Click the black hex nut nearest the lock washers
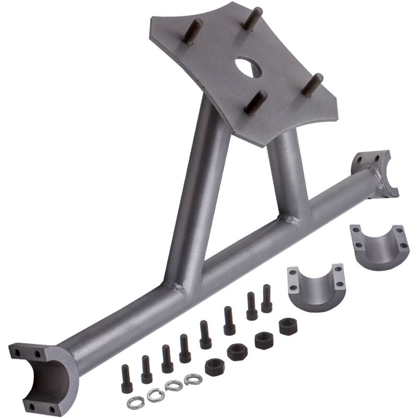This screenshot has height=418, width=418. [x=214, y=366]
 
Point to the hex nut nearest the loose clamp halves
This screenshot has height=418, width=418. [x=287, y=327]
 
